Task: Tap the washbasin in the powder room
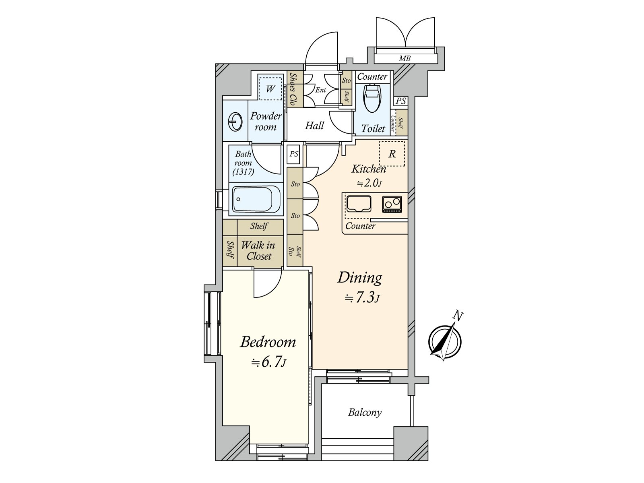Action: [235, 122]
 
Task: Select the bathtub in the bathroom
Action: [256, 199]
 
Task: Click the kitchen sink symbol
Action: [359, 204]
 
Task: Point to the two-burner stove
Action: [392, 204]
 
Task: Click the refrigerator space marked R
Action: [392, 154]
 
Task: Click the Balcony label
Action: [365, 412]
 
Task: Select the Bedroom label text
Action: [268, 342]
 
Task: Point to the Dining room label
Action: [359, 277]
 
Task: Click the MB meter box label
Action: [405, 58]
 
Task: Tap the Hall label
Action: [314, 126]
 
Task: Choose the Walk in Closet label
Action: [258, 250]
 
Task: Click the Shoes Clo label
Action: [293, 89]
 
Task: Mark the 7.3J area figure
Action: [362, 298]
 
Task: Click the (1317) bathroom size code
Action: [243, 171]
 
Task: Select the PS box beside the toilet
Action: [400, 101]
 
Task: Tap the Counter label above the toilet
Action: [372, 76]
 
